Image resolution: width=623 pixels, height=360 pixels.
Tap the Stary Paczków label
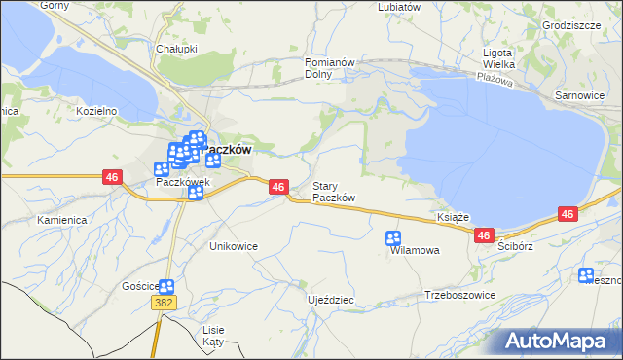click(333, 192)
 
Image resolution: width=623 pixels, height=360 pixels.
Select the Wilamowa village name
click(415, 250)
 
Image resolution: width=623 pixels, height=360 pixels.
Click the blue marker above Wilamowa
click(393, 237)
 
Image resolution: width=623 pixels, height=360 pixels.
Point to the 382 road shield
click(164, 304)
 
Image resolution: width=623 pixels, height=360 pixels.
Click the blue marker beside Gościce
click(166, 286)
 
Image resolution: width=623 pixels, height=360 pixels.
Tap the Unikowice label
click(234, 246)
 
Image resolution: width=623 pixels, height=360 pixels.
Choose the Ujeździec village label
click(330, 300)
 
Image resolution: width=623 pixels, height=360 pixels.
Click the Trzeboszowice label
click(460, 295)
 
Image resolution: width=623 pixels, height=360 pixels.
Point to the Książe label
click(454, 217)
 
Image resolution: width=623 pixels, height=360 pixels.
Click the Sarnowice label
click(579, 96)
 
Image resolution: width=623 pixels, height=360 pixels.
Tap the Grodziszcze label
click(571, 25)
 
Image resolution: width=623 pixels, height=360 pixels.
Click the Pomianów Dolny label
click(319, 67)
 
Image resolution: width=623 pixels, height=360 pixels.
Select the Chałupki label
click(176, 47)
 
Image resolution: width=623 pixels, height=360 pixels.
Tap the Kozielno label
click(96, 111)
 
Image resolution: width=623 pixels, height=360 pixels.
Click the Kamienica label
click(62, 220)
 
